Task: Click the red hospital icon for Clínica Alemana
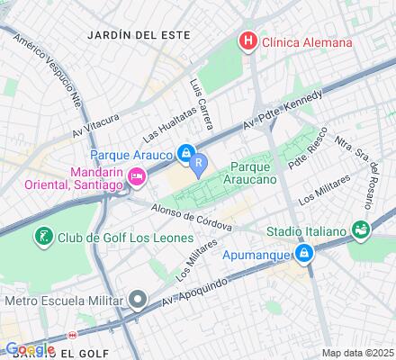246,41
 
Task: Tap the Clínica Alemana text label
307,41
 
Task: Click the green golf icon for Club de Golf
43,238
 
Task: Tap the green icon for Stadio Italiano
362,231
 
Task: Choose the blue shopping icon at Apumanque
305,256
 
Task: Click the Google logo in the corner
29,349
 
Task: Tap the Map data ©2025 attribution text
357,352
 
